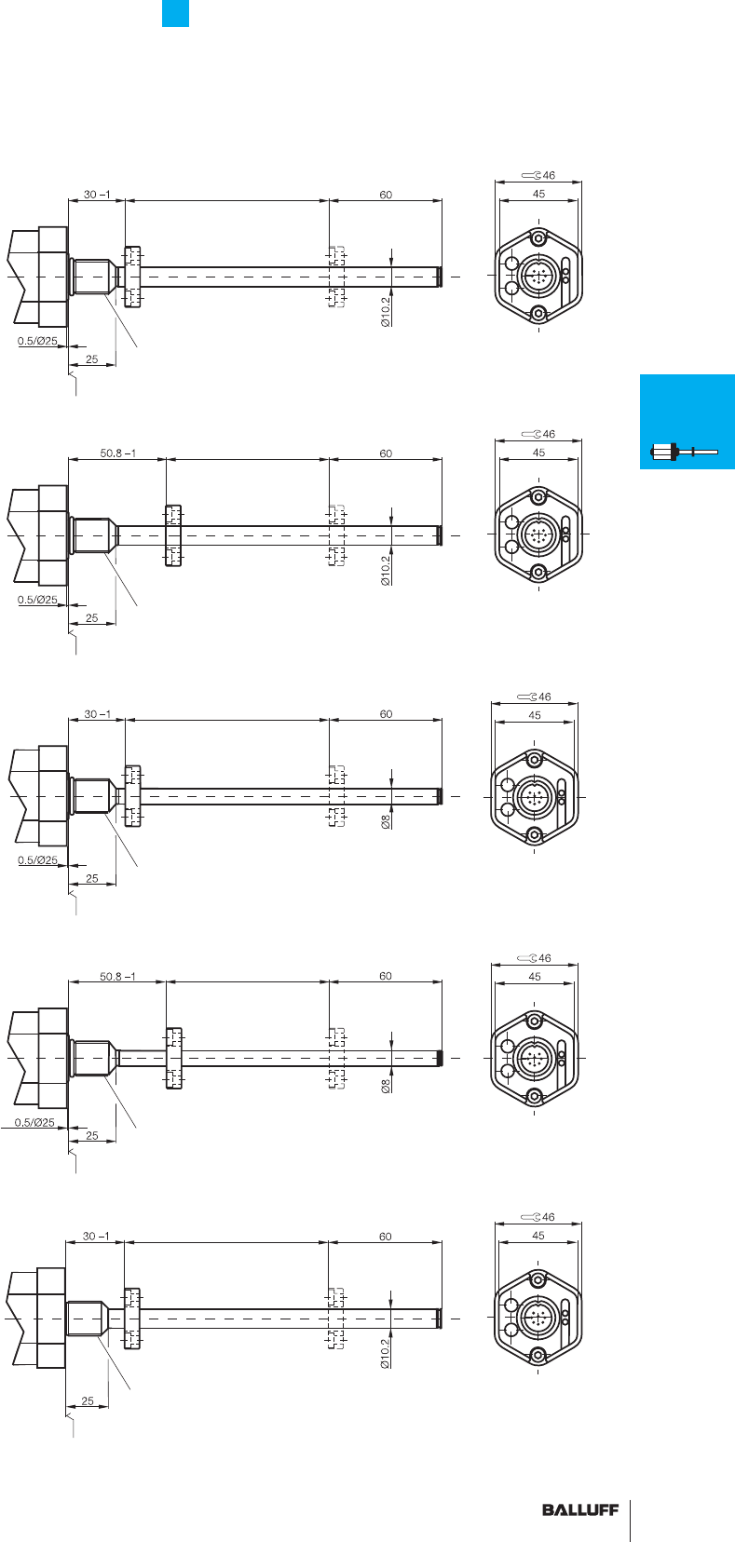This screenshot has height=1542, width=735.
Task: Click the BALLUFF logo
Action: tap(580, 1509)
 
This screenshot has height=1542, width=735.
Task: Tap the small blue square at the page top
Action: tap(176, 13)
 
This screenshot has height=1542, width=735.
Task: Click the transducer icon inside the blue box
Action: tap(684, 453)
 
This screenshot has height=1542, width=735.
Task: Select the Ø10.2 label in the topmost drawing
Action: tap(386, 311)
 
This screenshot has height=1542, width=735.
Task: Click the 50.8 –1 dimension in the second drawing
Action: tap(117, 453)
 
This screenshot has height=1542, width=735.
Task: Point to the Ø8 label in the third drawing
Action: tap(386, 821)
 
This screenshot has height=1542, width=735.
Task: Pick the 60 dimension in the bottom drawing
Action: tap(385, 1237)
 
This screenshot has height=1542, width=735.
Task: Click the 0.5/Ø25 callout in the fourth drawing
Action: tap(34, 1122)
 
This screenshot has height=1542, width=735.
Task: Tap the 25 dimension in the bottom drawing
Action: tap(88, 1400)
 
